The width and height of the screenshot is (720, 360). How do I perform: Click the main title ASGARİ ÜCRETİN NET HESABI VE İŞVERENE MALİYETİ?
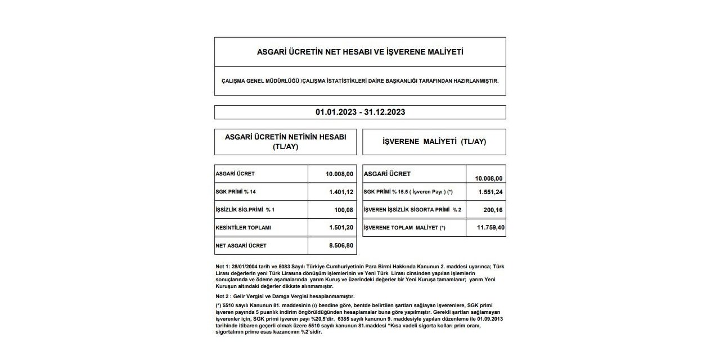coord(360,52)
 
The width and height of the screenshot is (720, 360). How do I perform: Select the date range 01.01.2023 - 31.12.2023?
coord(360,112)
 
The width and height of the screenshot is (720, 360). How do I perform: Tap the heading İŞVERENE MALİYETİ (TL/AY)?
coord(434,142)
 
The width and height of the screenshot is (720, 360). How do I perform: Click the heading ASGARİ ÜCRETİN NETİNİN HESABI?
coord(285,137)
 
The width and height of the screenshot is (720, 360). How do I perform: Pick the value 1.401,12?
coord(341,192)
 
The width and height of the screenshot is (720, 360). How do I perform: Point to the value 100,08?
coord(343,210)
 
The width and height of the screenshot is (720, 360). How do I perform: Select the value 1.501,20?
coord(341,227)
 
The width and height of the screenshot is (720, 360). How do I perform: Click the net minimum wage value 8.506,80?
coord(341,245)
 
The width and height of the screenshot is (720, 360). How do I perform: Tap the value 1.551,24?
coord(490,192)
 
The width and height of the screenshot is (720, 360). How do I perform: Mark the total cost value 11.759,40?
coord(488,227)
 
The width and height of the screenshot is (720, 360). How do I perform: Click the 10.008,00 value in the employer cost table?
coord(489,178)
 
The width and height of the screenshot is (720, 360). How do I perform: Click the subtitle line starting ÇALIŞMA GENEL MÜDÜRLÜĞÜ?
coord(360,80)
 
